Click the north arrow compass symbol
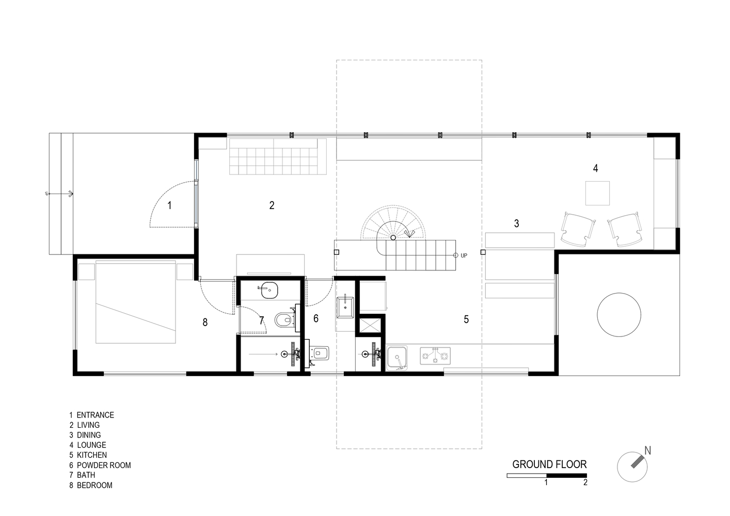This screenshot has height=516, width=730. pyautogui.click(x=632, y=467)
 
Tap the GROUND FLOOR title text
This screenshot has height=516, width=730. pyautogui.click(x=549, y=464)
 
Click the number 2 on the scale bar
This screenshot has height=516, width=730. pyautogui.click(x=585, y=483)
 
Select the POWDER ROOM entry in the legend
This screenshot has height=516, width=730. pyautogui.click(x=103, y=465)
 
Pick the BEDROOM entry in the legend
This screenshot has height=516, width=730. pyautogui.click(x=94, y=485)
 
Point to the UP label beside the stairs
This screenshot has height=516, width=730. pyautogui.click(x=464, y=255)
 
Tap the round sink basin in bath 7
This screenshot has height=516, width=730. pyautogui.click(x=268, y=291)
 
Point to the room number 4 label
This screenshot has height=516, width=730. pyautogui.click(x=595, y=168)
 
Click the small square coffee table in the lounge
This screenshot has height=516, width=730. pyautogui.click(x=597, y=193)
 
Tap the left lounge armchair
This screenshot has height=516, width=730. pyautogui.click(x=576, y=229)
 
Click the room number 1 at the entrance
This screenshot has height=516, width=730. pyautogui.click(x=169, y=205)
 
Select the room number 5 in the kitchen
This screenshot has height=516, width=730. pyautogui.click(x=466, y=319)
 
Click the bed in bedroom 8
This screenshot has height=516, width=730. pyautogui.click(x=135, y=303)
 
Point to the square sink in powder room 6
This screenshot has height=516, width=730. pyautogui.click(x=344, y=308)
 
